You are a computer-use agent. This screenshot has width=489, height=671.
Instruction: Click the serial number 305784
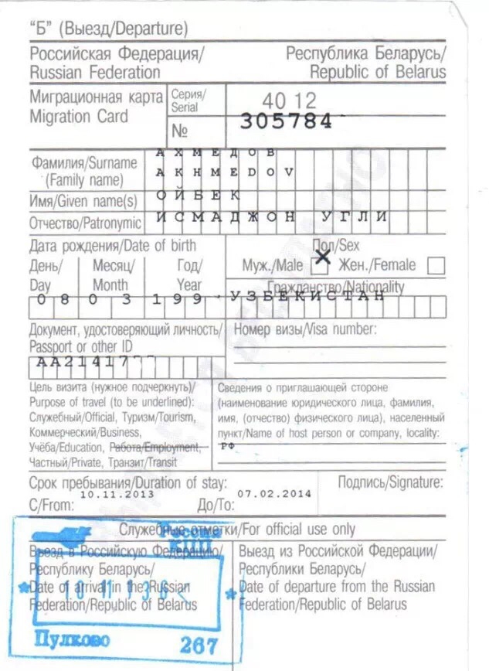coord(286,121)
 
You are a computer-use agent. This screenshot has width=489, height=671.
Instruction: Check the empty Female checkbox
coord(436,266)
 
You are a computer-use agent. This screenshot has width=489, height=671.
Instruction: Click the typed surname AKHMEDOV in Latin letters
coord(225,172)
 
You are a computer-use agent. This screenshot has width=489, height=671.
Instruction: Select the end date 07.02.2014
coord(274,493)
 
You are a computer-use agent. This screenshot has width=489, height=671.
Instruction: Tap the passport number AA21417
coord(81,362)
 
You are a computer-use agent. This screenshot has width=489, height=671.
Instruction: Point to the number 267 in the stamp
coord(199,645)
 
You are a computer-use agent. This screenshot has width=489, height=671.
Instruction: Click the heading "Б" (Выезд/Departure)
coord(109,30)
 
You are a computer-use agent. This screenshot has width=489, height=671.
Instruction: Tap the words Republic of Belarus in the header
coord(378,72)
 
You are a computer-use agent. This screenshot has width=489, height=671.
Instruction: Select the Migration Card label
coord(79,118)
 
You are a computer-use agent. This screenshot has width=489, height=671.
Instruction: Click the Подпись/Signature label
coord(390,482)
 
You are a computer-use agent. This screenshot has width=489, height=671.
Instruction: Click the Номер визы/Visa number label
coord(304,329)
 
